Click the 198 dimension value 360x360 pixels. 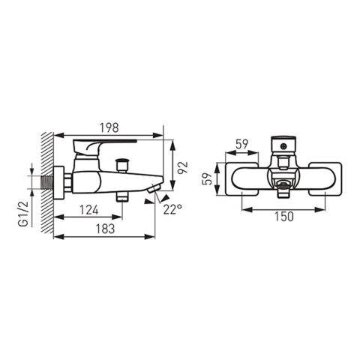point(109,127)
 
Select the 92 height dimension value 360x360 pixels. point(183,168)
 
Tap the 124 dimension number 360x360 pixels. point(89,210)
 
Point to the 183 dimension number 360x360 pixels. point(105,229)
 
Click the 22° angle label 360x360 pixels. point(172,209)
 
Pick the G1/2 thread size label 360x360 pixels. point(25,214)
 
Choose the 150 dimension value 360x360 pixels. point(283,217)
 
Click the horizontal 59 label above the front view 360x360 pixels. point(241,144)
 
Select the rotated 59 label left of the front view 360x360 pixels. point(207,178)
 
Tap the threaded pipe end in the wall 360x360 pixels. point(47,183)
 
